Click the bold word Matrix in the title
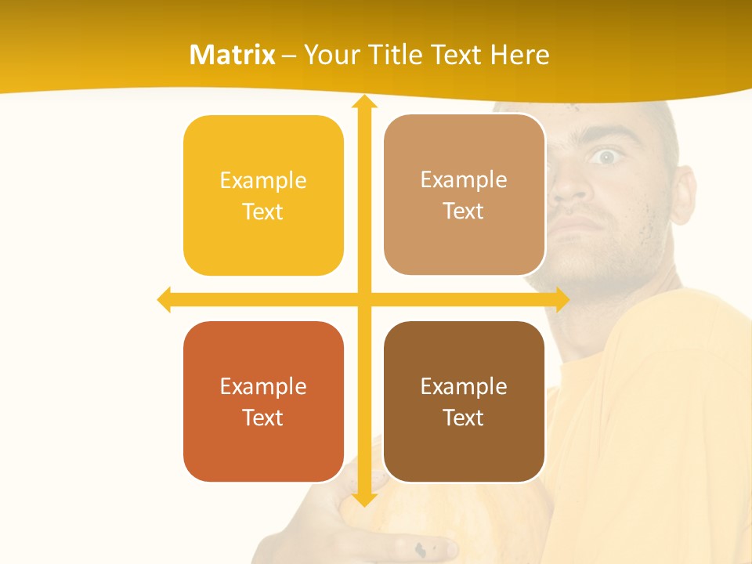(233, 55)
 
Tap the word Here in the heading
(519, 55)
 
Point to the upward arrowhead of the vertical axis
(363, 102)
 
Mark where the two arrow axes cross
(363, 299)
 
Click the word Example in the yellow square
(263, 180)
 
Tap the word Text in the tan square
(464, 211)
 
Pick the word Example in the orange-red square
(263, 386)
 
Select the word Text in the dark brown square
(464, 418)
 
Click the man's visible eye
(604, 157)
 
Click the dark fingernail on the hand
(421, 549)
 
